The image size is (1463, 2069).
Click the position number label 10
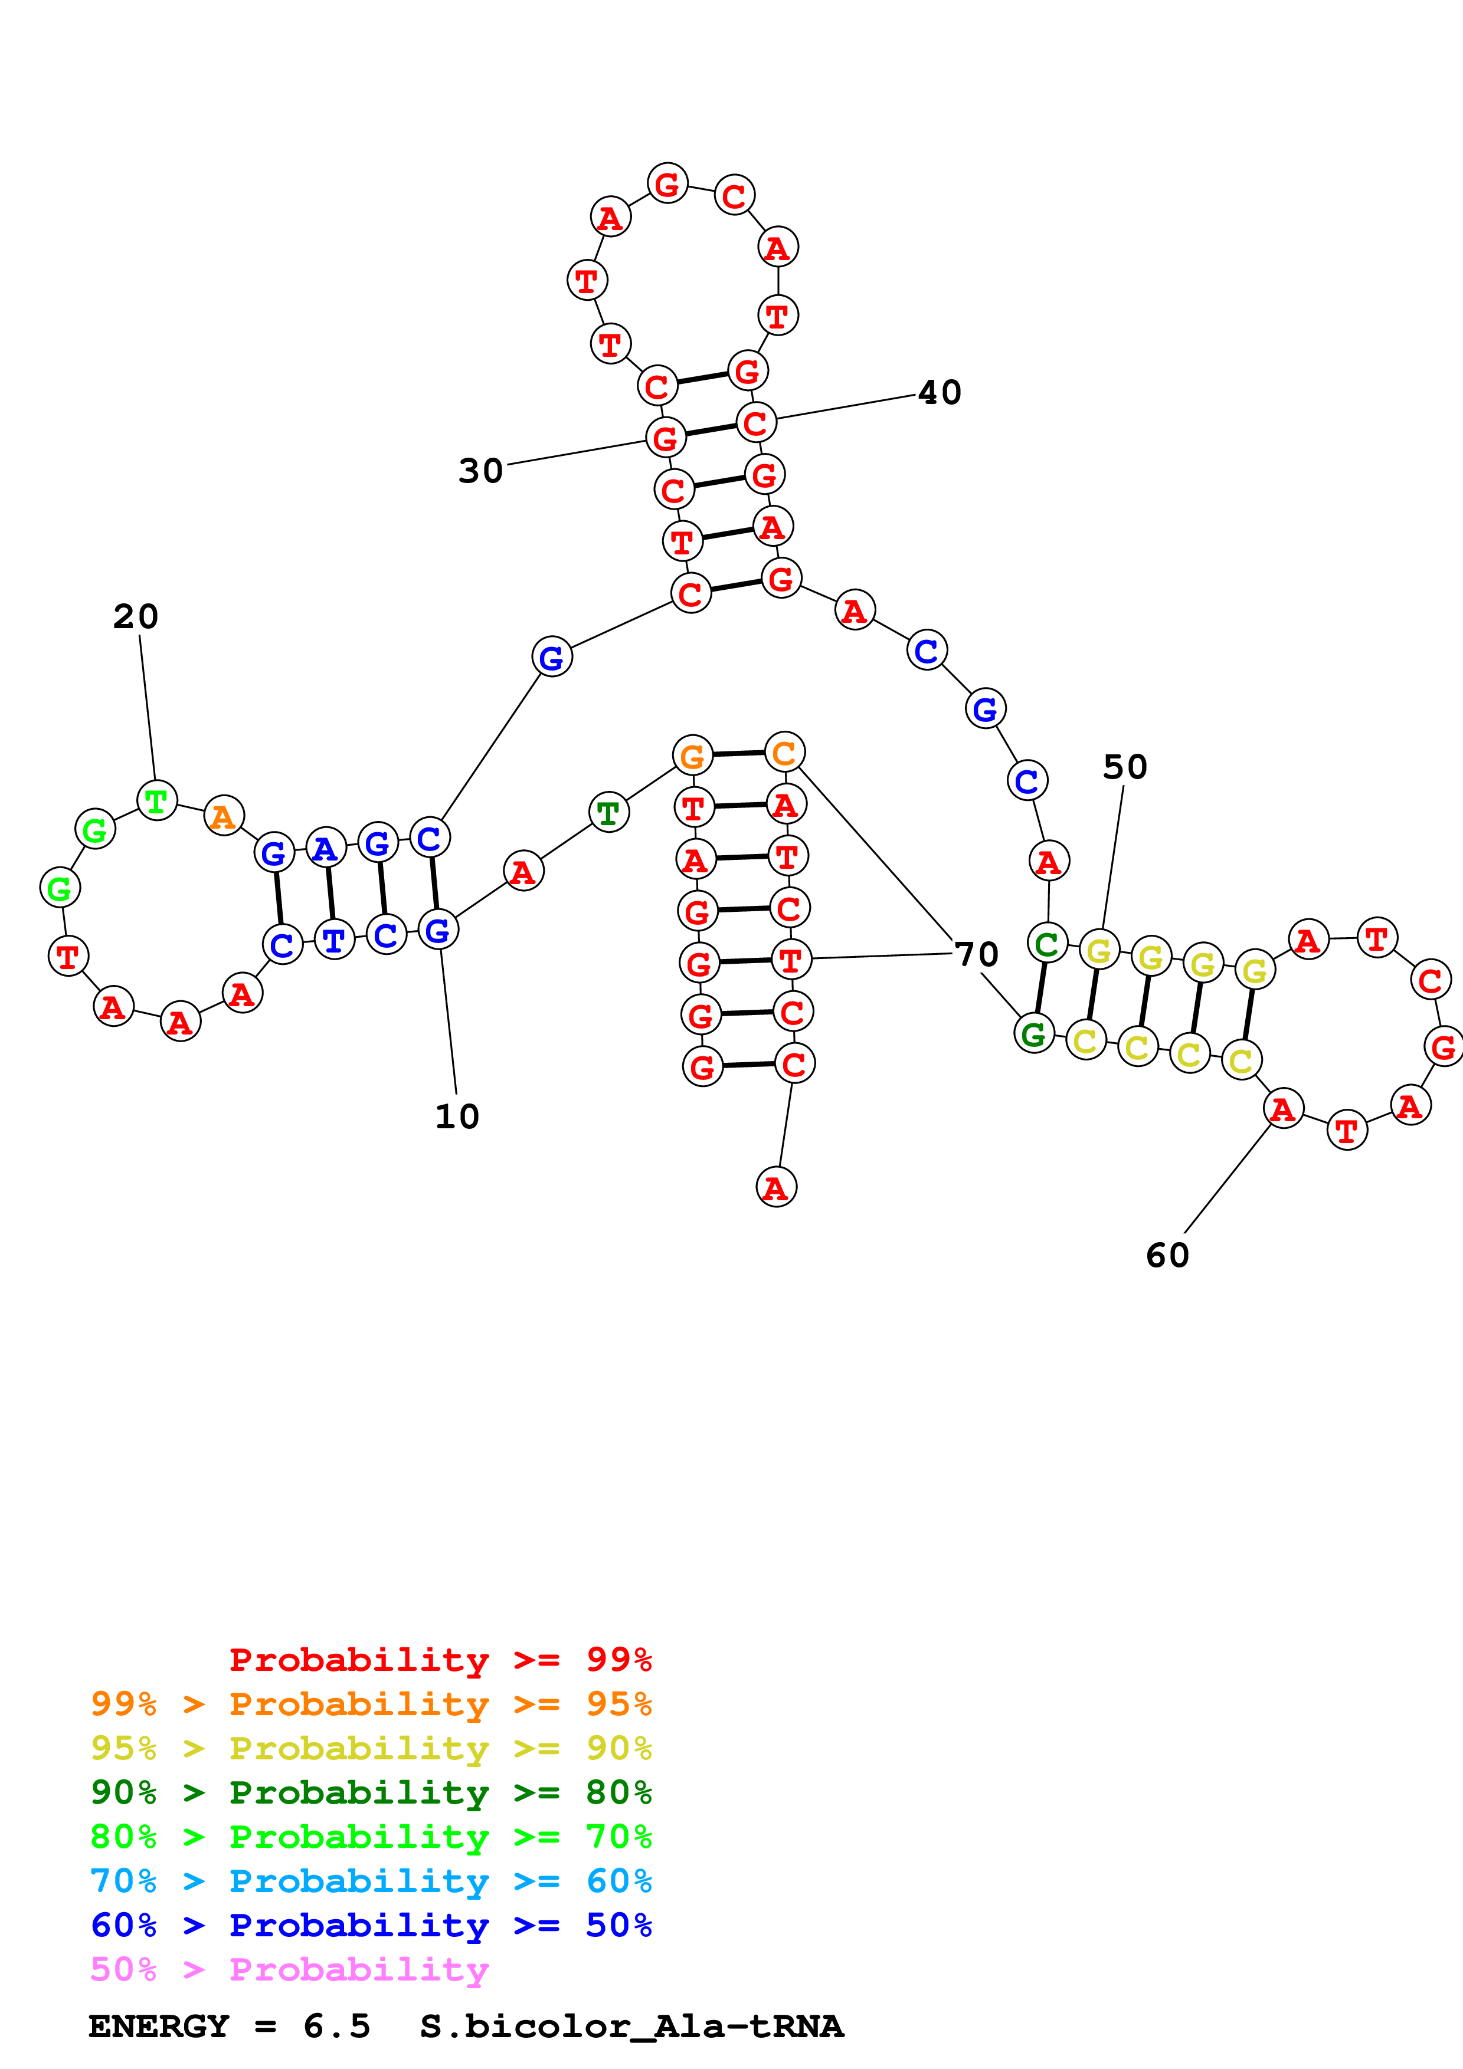(457, 1116)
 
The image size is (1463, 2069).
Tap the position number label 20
(136, 618)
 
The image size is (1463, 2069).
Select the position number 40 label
(940, 393)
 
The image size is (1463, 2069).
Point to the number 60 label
(1167, 1255)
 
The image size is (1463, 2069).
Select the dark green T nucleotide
(608, 813)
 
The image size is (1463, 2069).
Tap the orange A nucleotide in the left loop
(224, 816)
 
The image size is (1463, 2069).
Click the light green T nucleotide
(157, 800)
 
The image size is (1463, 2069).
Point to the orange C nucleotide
(784, 753)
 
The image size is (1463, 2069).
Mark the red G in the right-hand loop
(1443, 1046)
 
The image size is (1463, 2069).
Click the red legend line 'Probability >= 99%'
(440, 1659)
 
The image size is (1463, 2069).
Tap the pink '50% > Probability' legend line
(289, 1969)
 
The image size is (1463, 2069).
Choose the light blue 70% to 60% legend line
(371, 1881)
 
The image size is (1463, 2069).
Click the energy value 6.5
(337, 2027)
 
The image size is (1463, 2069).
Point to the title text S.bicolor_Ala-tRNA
(631, 2027)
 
